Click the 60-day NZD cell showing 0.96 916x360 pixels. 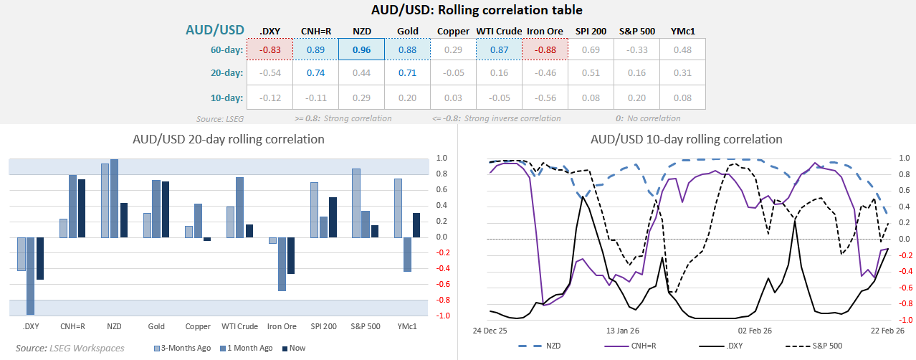coord(361,49)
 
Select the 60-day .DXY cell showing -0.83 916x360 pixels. coord(269,49)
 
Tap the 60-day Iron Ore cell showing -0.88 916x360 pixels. coord(544,49)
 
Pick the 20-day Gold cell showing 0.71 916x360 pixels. coord(407,73)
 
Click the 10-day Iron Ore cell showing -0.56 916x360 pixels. coord(544,98)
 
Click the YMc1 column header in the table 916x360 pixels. coord(682,31)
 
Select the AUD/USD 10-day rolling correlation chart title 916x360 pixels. coord(686,138)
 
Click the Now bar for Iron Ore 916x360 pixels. coord(291,255)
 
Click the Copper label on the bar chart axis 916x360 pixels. coord(198,326)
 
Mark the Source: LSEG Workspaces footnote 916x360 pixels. coord(69,348)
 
